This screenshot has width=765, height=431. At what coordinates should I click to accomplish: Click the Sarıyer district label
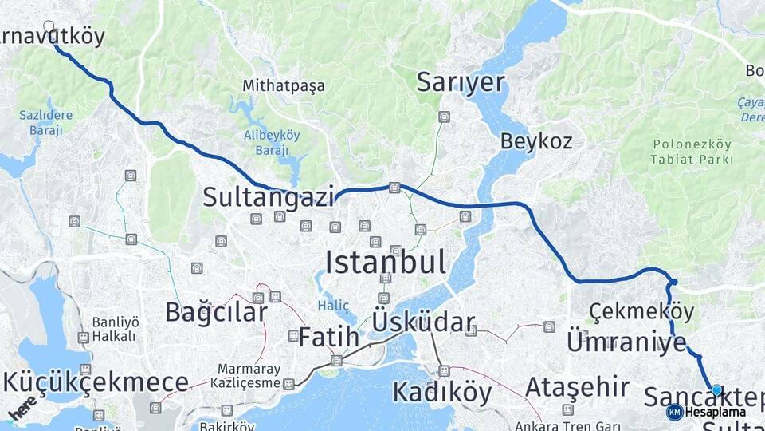coord(461,82)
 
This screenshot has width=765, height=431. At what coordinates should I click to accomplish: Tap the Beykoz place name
coord(536,142)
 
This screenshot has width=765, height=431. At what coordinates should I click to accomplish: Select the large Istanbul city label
coord(386,263)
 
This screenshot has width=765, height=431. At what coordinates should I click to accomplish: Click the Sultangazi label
coord(268,197)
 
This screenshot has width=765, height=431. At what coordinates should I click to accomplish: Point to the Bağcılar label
coord(216,312)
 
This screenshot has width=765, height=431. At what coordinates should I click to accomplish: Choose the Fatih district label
coord(329,338)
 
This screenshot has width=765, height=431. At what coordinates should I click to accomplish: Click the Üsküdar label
coord(423,323)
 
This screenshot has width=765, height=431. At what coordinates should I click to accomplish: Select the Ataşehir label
coord(577,388)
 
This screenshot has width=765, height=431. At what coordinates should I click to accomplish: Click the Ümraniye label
coord(626,343)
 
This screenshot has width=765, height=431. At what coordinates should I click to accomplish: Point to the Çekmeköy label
coord(641,311)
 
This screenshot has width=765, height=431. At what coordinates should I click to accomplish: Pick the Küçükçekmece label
coord(96,382)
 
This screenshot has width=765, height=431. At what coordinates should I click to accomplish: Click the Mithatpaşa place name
coord(284,86)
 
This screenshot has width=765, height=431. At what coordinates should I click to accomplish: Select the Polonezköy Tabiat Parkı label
coord(692,152)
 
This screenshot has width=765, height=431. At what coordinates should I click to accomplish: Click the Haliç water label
coord(333,306)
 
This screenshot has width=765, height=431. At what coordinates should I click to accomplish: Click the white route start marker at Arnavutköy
coord(49,26)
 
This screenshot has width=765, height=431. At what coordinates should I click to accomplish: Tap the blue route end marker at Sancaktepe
coord(716,390)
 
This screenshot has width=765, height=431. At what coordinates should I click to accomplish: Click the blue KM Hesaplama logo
coord(675,412)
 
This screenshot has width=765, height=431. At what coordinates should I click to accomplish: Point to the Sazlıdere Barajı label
coord(45,122)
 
